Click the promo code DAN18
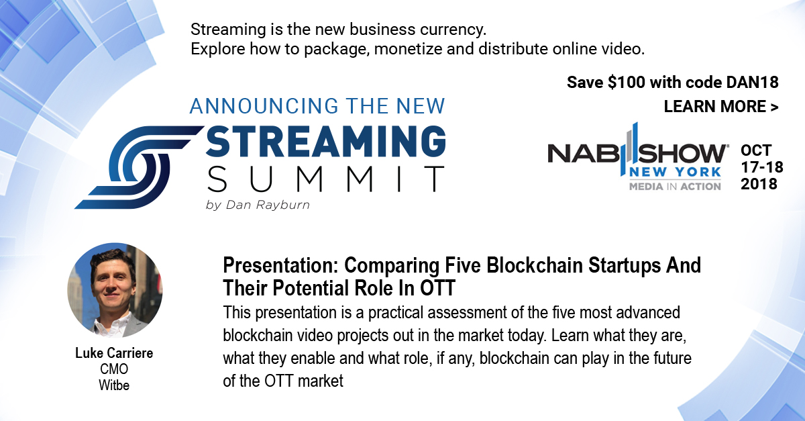click(752, 83)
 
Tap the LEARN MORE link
click(721, 107)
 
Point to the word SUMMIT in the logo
click(326, 179)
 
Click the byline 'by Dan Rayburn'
click(258, 205)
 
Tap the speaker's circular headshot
click(115, 290)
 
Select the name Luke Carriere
click(114, 353)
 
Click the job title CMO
click(114, 369)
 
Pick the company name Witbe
click(114, 385)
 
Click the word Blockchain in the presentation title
click(535, 265)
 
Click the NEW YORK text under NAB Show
click(676, 172)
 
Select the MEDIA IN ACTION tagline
click(676, 187)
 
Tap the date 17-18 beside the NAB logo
click(762, 167)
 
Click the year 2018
click(759, 184)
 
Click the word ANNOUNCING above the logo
click(264, 106)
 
